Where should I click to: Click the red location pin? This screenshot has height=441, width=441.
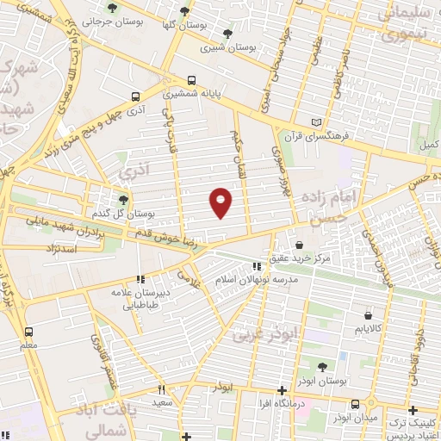pos(221,202)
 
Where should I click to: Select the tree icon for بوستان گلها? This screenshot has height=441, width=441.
pos(183,13)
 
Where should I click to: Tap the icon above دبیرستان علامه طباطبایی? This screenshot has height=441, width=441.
pos(141,278)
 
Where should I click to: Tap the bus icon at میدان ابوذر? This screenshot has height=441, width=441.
pos(356,404)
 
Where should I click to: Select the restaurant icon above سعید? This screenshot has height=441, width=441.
pos(161,390)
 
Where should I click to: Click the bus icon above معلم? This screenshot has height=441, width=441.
pos(29,332)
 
